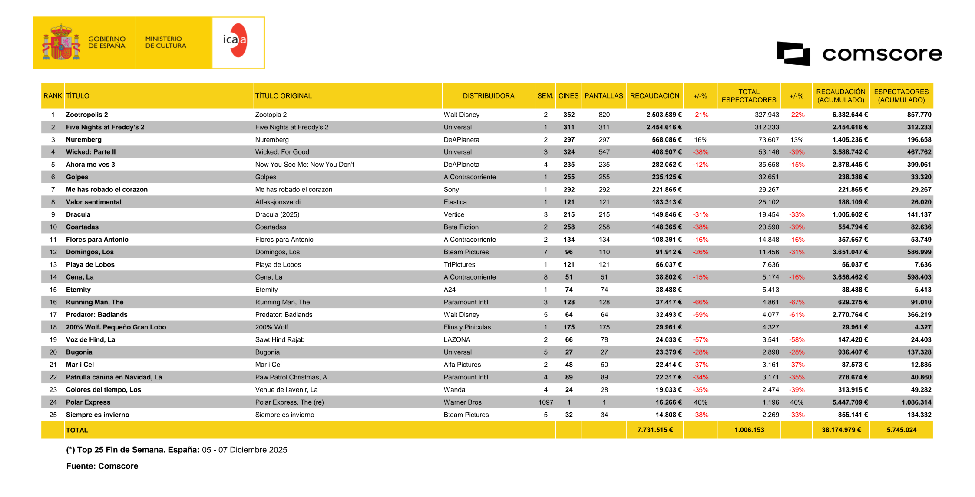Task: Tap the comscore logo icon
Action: click(x=793, y=54)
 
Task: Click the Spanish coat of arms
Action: click(x=61, y=43)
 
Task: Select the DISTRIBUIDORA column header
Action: click(x=488, y=96)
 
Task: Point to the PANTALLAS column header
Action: click(x=603, y=96)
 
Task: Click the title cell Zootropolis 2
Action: click(x=87, y=115)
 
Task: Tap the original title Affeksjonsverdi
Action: click(x=278, y=202)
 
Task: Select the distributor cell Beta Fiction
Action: click(x=461, y=227)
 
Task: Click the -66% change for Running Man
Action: click(x=701, y=303)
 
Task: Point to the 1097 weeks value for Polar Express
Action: click(x=545, y=402)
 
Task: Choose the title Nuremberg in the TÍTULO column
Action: click(x=84, y=140)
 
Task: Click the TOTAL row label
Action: click(x=77, y=430)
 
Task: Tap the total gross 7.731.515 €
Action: click(x=655, y=430)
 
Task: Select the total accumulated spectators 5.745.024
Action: click(x=901, y=430)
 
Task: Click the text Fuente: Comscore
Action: click(x=102, y=466)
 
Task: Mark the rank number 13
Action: click(x=53, y=265)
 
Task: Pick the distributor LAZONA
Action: click(x=457, y=340)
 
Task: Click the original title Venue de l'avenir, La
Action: click(x=286, y=390)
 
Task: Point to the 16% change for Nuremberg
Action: click(x=701, y=140)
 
